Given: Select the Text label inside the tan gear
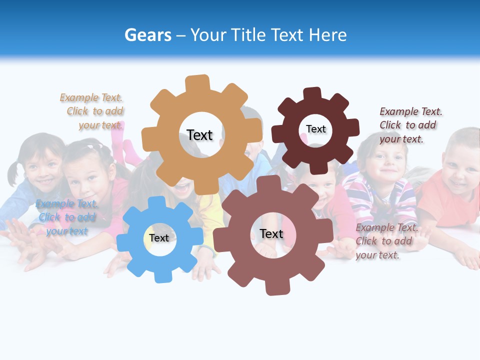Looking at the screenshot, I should (199, 135).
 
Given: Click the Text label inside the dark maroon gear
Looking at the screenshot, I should (315, 129).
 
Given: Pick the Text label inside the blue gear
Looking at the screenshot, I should (159, 238).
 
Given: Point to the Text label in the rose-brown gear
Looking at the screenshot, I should (271, 233).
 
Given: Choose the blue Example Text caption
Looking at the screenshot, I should (66, 217).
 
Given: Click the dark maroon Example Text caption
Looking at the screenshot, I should (410, 125).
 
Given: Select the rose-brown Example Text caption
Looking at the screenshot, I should (386, 241).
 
